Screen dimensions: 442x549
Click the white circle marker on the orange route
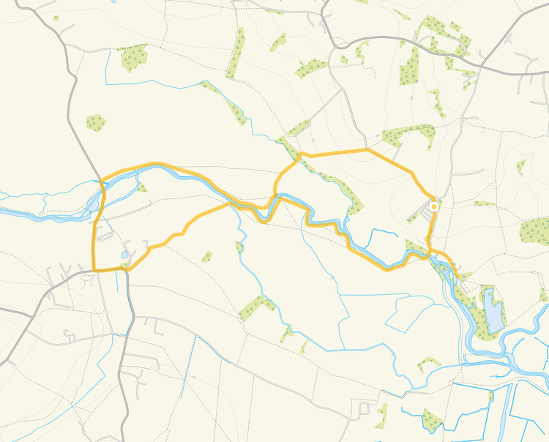click(x=434, y=207)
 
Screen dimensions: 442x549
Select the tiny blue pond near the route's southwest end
click(x=124, y=255)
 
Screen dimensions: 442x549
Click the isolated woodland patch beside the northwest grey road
click(x=95, y=121)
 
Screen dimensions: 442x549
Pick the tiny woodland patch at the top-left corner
click(x=56, y=18)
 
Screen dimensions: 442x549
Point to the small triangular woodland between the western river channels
click(x=141, y=188)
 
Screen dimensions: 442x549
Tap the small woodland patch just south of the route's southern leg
click(x=207, y=256)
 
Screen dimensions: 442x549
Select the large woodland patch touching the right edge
click(x=535, y=231)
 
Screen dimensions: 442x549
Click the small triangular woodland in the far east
click(x=520, y=167)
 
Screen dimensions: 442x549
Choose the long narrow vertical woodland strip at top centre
click(x=236, y=53)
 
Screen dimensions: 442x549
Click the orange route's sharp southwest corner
click(x=94, y=270)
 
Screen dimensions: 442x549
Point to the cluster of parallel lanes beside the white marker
click(x=420, y=213)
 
